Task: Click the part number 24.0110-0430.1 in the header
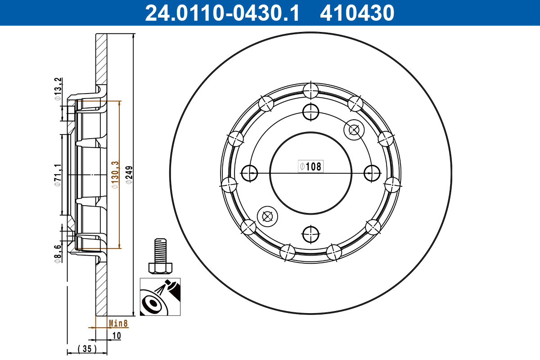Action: [221, 13]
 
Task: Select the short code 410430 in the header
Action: [357, 13]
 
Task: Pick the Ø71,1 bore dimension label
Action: [57, 175]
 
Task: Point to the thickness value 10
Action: [117, 335]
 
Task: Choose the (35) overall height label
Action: [87, 348]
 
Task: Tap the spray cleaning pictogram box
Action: [160, 297]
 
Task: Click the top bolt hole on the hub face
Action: [310, 112]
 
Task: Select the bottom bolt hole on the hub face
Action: [310, 234]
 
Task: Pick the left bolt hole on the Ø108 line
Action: [249, 172]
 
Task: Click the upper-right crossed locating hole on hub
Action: [353, 130]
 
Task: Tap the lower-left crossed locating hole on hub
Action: [267, 216]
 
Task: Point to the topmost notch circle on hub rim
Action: [310, 90]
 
